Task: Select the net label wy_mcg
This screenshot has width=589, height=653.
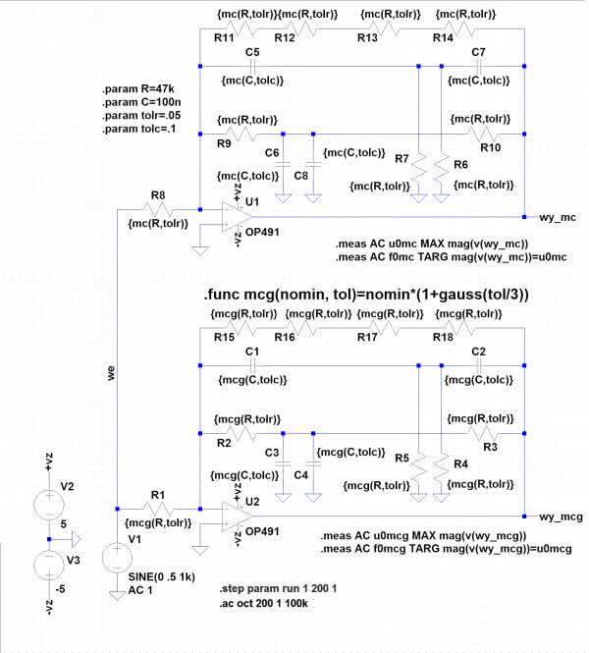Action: [562, 517]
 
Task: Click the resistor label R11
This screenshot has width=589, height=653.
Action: [224, 36]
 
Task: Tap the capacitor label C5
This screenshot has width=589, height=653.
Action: [252, 51]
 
